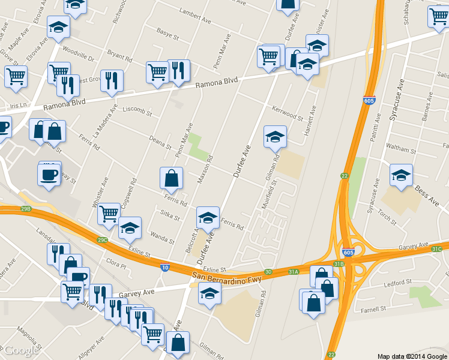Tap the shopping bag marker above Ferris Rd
(171, 178)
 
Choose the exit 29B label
(25, 209)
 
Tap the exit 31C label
(436, 249)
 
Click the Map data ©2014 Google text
(411, 355)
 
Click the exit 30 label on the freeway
(268, 272)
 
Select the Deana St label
(160, 142)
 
